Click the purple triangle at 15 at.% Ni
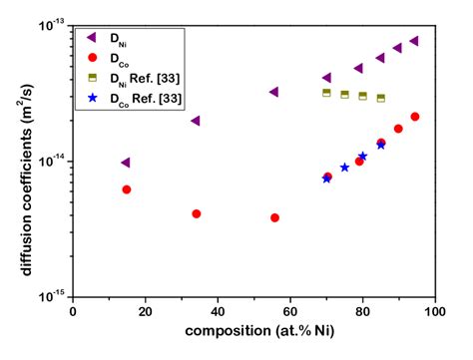[x=125, y=163]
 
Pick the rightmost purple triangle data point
[x=413, y=41]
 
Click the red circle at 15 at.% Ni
[x=126, y=189]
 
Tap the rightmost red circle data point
[x=414, y=117]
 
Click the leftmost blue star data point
[x=326, y=179]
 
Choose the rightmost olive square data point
[x=381, y=98]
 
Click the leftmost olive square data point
[x=326, y=93]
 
